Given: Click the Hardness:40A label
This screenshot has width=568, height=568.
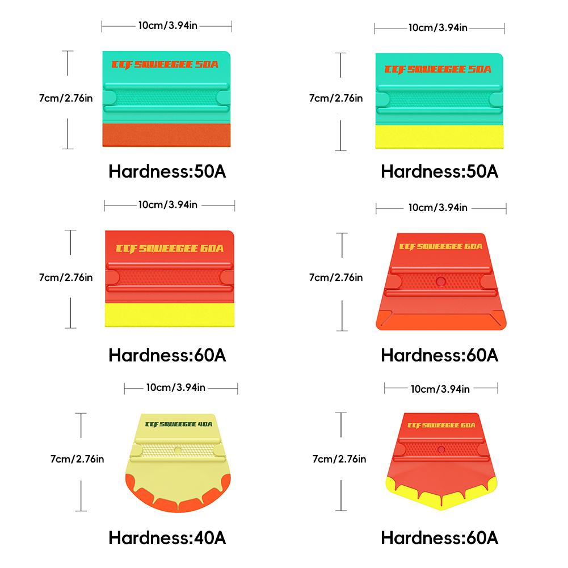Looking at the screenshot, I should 167,537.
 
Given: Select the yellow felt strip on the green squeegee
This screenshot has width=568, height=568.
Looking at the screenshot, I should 440,137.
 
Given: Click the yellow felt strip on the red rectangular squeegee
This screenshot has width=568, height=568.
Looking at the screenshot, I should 170,315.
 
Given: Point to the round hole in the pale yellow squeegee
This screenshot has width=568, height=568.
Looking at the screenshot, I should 178,449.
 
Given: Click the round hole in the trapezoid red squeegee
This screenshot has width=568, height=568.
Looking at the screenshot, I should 441,280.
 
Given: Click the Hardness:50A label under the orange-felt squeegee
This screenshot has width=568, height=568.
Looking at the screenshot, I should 167,171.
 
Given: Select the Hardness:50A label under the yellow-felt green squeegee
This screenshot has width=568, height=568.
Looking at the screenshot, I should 440,171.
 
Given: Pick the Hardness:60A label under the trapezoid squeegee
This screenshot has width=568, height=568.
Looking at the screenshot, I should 440,355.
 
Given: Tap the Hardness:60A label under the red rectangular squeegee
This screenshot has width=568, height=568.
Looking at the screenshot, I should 167,355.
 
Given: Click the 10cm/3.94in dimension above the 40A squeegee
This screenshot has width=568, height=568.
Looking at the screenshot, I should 175,388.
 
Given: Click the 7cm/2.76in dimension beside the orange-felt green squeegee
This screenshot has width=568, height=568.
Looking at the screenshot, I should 66,98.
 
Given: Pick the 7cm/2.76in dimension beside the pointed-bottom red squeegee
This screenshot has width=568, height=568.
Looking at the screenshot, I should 339,458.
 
